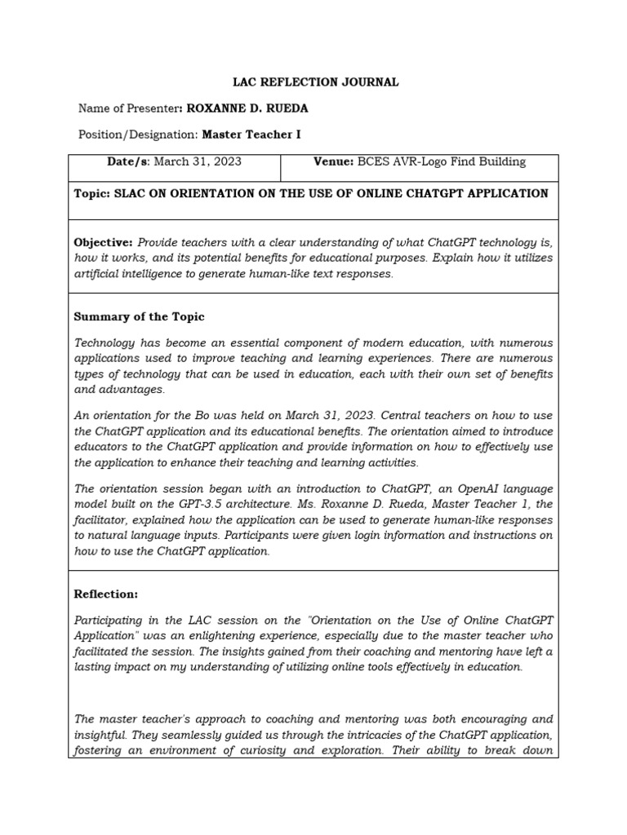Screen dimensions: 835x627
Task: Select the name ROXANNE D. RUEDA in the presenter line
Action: pyautogui.click(x=247, y=108)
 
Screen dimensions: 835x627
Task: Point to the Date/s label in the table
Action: pyautogui.click(x=128, y=162)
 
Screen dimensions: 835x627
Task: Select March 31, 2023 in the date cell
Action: pyautogui.click(x=198, y=162)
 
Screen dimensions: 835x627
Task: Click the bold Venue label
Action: pyautogui.click(x=333, y=162)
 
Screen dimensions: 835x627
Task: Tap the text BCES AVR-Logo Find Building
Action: pyautogui.click(x=442, y=162)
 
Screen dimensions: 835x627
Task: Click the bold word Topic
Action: pyautogui.click(x=91, y=194)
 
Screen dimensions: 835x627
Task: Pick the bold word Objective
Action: pyautogui.click(x=103, y=243)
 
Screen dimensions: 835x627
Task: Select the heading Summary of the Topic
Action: pyautogui.click(x=139, y=316)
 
